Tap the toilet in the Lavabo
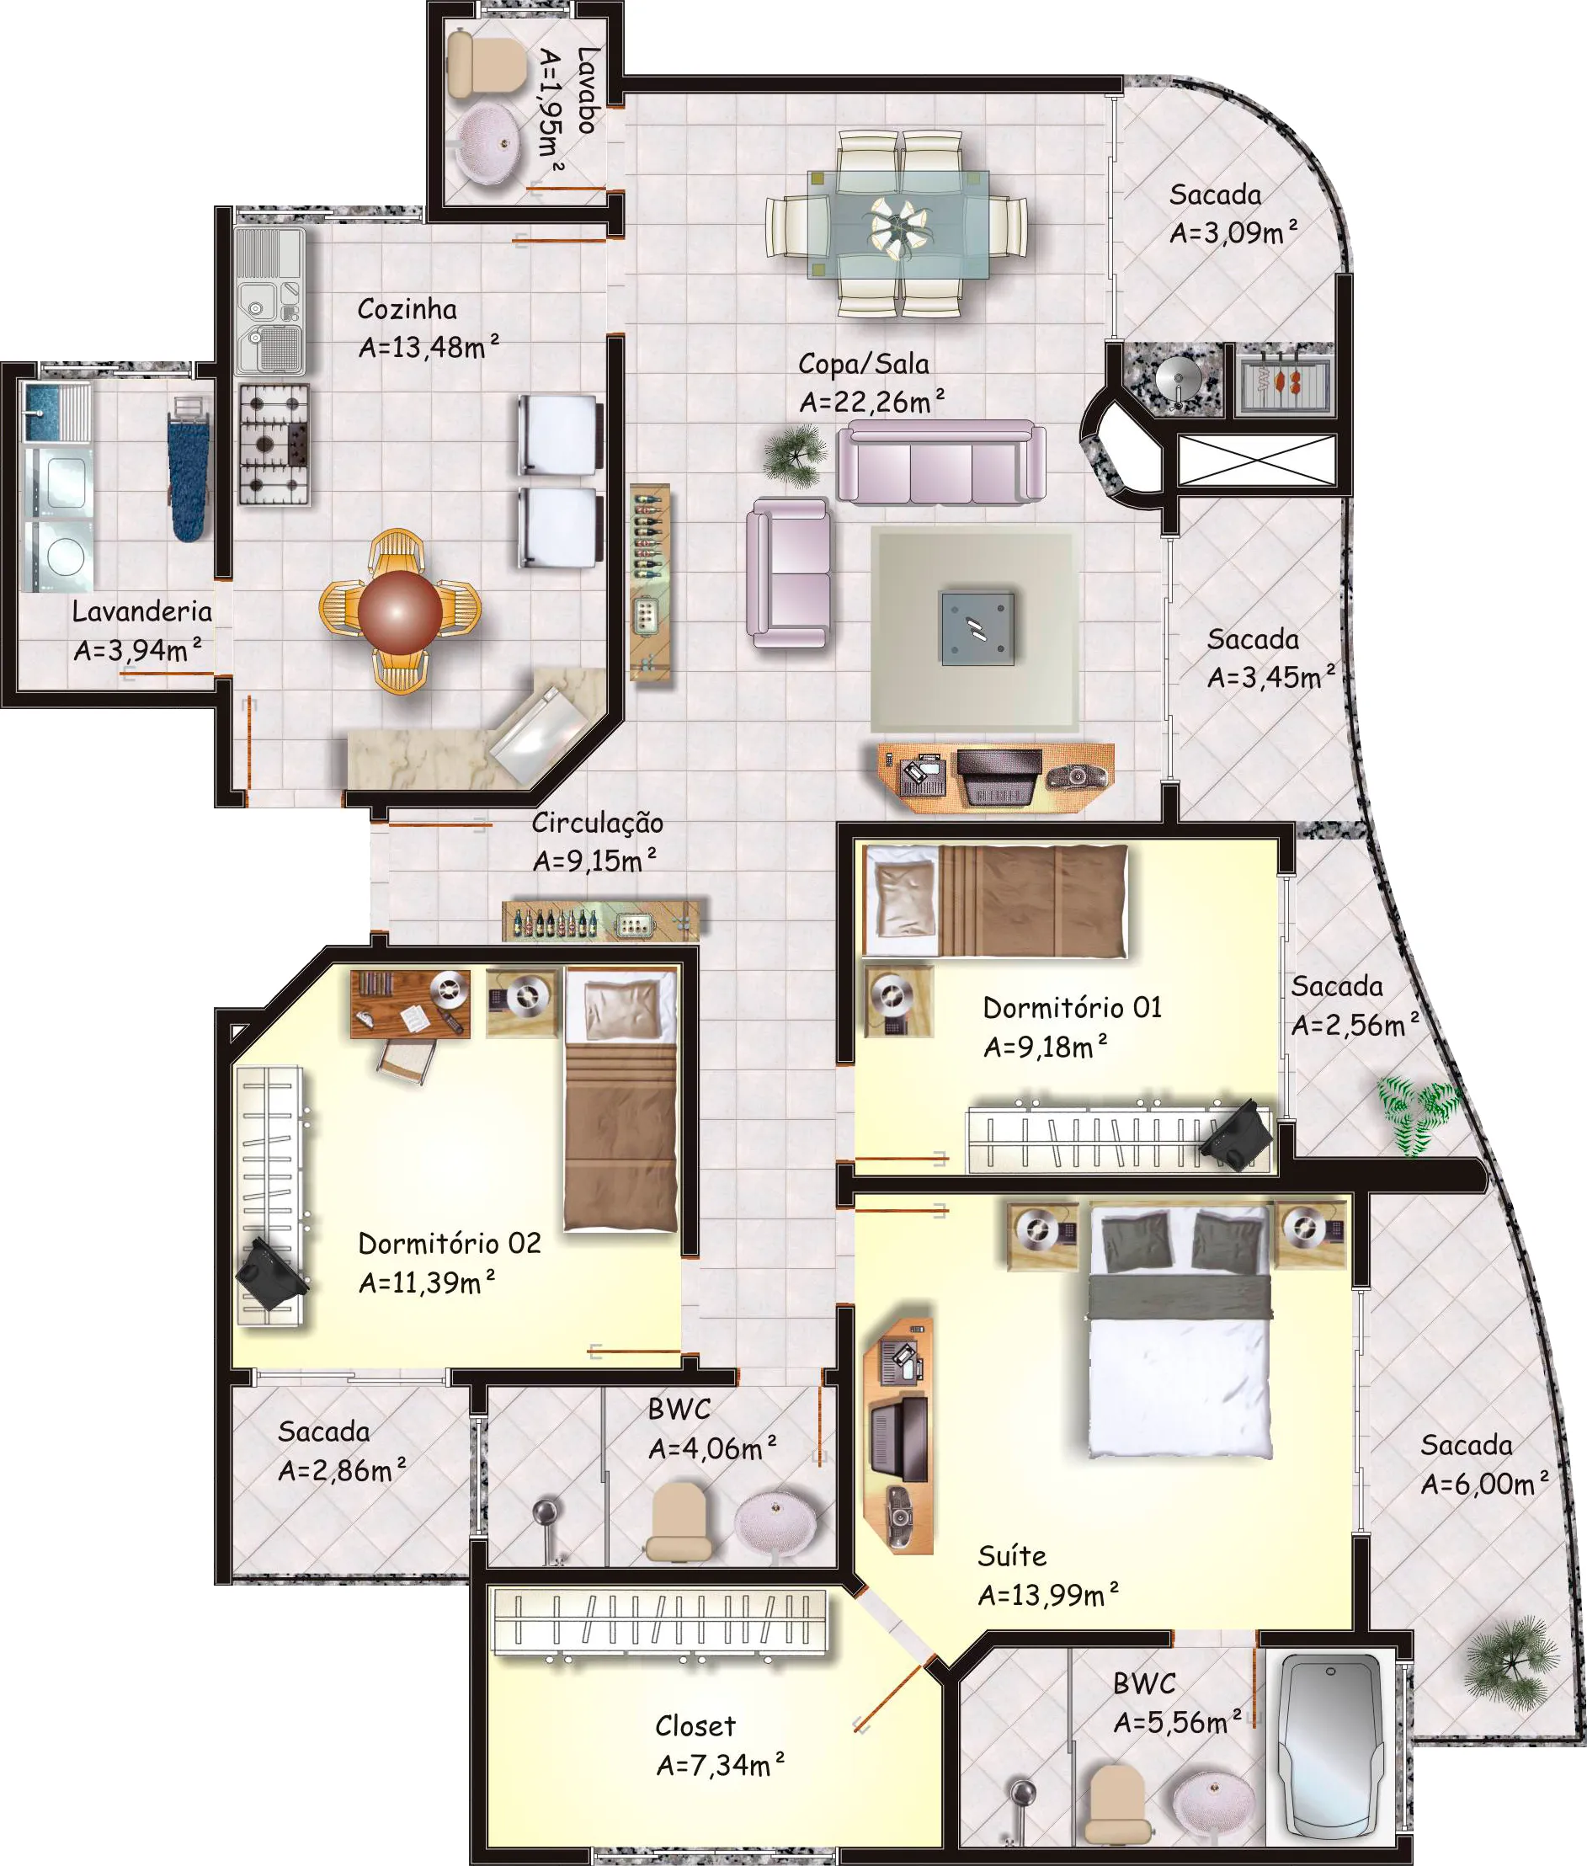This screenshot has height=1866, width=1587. pyautogui.click(x=486, y=64)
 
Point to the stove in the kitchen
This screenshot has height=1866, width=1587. pyautogui.click(x=274, y=445)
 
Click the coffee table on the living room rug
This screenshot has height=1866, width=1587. pyautogui.click(x=977, y=628)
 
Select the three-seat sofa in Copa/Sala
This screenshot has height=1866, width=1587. pyautogui.click(x=941, y=461)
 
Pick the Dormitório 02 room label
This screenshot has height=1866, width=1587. pyautogui.click(x=450, y=1243)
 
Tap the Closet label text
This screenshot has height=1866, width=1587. pyautogui.click(x=695, y=1725)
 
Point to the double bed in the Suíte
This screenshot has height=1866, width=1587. pyautogui.click(x=1179, y=1330)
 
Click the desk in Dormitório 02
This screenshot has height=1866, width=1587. pyautogui.click(x=409, y=1003)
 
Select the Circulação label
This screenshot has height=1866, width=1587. pyautogui.click(x=598, y=823)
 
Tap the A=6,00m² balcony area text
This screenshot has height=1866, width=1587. pyautogui.click(x=1484, y=1484)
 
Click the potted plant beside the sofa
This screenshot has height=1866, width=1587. pyautogui.click(x=796, y=455)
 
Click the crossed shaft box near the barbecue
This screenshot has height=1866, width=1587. pyautogui.click(x=1257, y=460)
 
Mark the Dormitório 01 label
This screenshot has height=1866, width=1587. pyautogui.click(x=1073, y=1007)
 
